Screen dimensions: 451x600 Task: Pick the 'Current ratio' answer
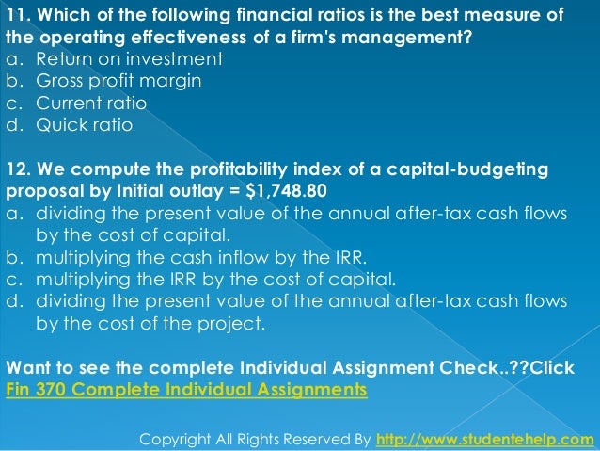(x=91, y=102)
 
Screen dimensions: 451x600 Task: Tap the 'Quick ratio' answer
(x=84, y=124)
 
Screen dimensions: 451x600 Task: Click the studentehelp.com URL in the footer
(x=485, y=439)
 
